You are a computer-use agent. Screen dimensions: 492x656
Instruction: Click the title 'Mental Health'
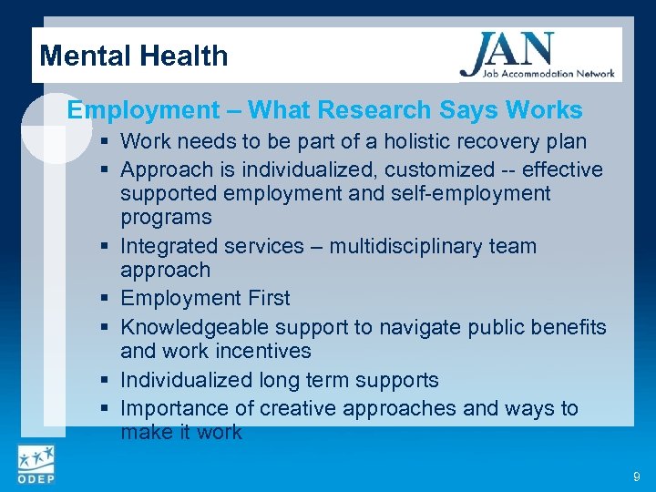click(134, 56)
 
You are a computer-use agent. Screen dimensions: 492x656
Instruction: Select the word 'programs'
click(166, 217)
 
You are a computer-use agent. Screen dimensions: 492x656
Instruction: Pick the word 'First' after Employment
click(268, 298)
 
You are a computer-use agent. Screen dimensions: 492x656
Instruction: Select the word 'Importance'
click(173, 408)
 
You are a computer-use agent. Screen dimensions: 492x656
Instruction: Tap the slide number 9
click(635, 476)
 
